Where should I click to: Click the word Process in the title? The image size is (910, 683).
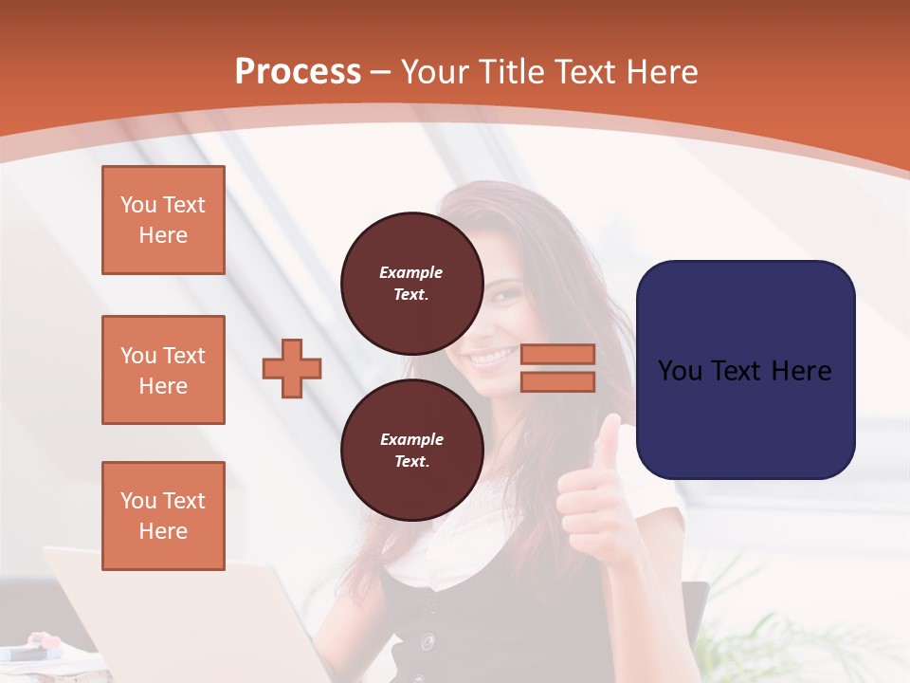coord(298,72)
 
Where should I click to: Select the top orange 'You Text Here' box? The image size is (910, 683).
coord(163,220)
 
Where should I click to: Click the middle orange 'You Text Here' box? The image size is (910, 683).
coord(163,370)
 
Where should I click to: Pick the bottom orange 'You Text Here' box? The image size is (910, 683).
coord(163,516)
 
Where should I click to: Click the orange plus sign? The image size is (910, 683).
coord(292,369)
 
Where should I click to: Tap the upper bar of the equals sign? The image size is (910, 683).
coord(557,354)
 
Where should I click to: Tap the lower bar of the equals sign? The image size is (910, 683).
coord(557,381)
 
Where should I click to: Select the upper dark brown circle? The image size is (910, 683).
coord(412,284)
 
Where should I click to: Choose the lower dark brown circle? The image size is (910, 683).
coord(412,451)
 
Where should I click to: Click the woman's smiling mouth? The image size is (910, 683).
coord(491,359)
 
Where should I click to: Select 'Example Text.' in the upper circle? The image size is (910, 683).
coord(411,284)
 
